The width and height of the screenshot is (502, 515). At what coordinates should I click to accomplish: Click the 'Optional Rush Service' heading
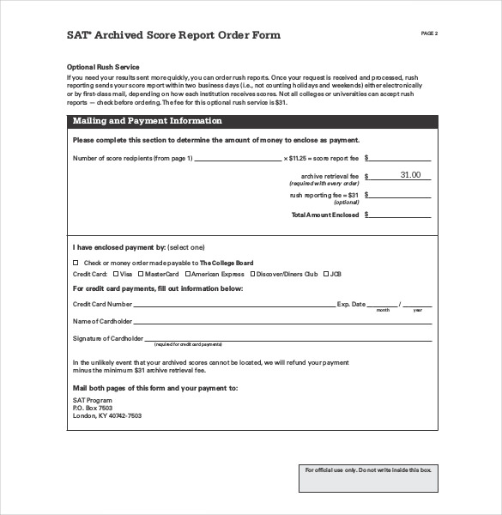click(103, 67)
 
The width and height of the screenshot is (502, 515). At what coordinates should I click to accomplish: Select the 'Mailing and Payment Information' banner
click(147, 121)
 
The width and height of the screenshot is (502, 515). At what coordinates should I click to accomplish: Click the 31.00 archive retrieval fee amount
click(410, 175)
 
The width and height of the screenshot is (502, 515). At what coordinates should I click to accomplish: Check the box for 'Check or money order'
click(76, 263)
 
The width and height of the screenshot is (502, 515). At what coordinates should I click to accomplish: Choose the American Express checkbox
click(187, 274)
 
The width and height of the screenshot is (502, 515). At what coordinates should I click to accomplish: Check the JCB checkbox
click(326, 274)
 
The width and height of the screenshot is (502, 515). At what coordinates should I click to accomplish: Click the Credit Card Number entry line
click(233, 305)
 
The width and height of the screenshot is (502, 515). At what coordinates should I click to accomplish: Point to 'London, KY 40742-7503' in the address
click(106, 415)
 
